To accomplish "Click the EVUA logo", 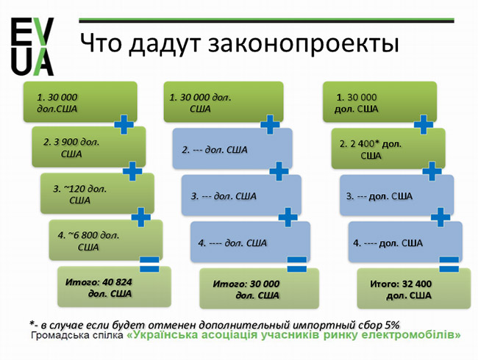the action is click(x=32, y=46).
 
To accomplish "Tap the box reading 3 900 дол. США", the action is click(x=89, y=147).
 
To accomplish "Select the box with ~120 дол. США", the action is click(x=97, y=193).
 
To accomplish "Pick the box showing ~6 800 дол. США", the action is click(x=106, y=240).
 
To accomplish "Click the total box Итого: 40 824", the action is click(x=114, y=287).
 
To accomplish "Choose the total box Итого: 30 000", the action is click(x=259, y=289).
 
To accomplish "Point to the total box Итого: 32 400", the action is click(x=414, y=289).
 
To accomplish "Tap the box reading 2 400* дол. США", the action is click(x=388, y=148).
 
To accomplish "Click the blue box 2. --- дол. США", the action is click(x=232, y=148).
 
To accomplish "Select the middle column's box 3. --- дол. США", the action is click(x=241, y=195).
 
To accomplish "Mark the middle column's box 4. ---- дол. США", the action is click(x=250, y=242).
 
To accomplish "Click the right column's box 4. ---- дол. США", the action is click(x=405, y=242).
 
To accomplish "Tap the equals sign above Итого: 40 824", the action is click(x=149, y=264).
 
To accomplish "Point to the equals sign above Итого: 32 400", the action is click(x=449, y=264).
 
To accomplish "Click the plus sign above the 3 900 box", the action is click(x=124, y=124).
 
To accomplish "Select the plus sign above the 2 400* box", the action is click(x=424, y=124).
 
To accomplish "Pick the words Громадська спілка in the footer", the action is click(x=77, y=336).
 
